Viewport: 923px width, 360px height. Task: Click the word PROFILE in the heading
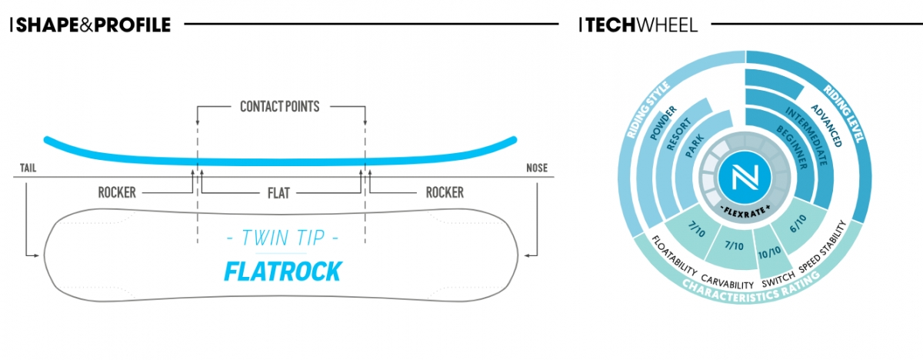[x=132, y=25]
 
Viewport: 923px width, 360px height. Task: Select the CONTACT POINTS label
[x=280, y=107]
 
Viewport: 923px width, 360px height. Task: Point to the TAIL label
[x=28, y=168]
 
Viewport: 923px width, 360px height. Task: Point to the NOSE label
[x=537, y=168]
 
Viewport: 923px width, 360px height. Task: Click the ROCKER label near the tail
[x=117, y=192]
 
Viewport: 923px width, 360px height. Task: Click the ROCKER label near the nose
[x=445, y=192]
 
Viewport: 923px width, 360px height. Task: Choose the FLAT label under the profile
[x=279, y=193]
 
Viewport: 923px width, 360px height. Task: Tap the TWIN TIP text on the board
[x=283, y=238]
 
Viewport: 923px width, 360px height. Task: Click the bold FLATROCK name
[x=283, y=272]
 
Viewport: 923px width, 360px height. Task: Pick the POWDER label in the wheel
[x=663, y=123]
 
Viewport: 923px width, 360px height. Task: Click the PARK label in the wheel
[x=695, y=146]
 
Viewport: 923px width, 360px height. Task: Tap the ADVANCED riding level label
[x=827, y=125]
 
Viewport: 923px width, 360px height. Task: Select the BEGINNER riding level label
[x=792, y=147]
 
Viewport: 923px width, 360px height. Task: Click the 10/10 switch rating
[x=769, y=252]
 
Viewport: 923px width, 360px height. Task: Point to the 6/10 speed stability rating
[x=798, y=224]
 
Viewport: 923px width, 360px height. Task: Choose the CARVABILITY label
[x=728, y=282]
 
